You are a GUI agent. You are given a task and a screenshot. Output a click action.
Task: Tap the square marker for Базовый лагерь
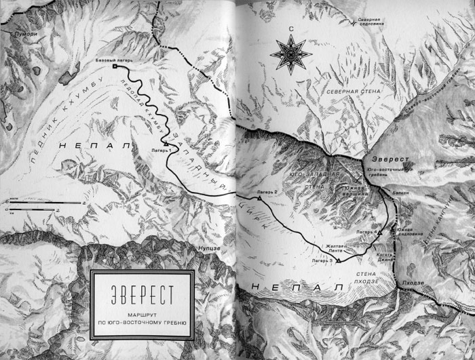tap(115, 66)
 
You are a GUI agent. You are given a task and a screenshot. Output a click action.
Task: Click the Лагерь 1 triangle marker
tap(166, 144)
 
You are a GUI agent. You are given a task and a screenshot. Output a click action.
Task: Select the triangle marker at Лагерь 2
tap(259, 198)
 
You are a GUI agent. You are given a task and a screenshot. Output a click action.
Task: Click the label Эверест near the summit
tap(394, 161)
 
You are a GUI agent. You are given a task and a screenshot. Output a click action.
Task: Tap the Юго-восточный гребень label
tap(389, 172)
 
